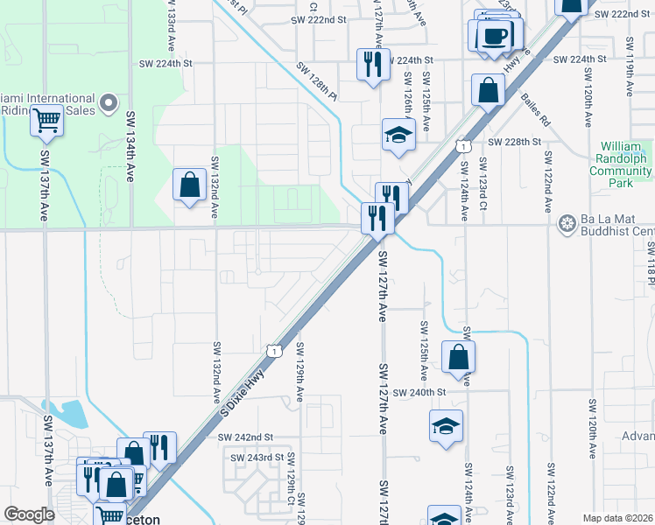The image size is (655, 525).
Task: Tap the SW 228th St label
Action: point(517,142)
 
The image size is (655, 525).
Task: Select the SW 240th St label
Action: point(419,393)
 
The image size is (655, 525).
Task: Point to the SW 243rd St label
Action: point(257,458)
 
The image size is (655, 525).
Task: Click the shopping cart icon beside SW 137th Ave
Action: point(47,120)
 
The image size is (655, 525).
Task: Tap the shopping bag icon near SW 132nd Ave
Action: point(190,185)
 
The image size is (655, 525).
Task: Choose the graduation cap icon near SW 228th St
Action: point(397,135)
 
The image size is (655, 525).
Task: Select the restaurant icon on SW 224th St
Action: point(373,64)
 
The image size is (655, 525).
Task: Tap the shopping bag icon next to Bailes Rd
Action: point(488,89)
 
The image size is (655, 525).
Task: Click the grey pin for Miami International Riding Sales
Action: point(109,104)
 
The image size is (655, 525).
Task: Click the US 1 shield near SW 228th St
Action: point(461,147)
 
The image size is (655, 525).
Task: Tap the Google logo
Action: point(29,514)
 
